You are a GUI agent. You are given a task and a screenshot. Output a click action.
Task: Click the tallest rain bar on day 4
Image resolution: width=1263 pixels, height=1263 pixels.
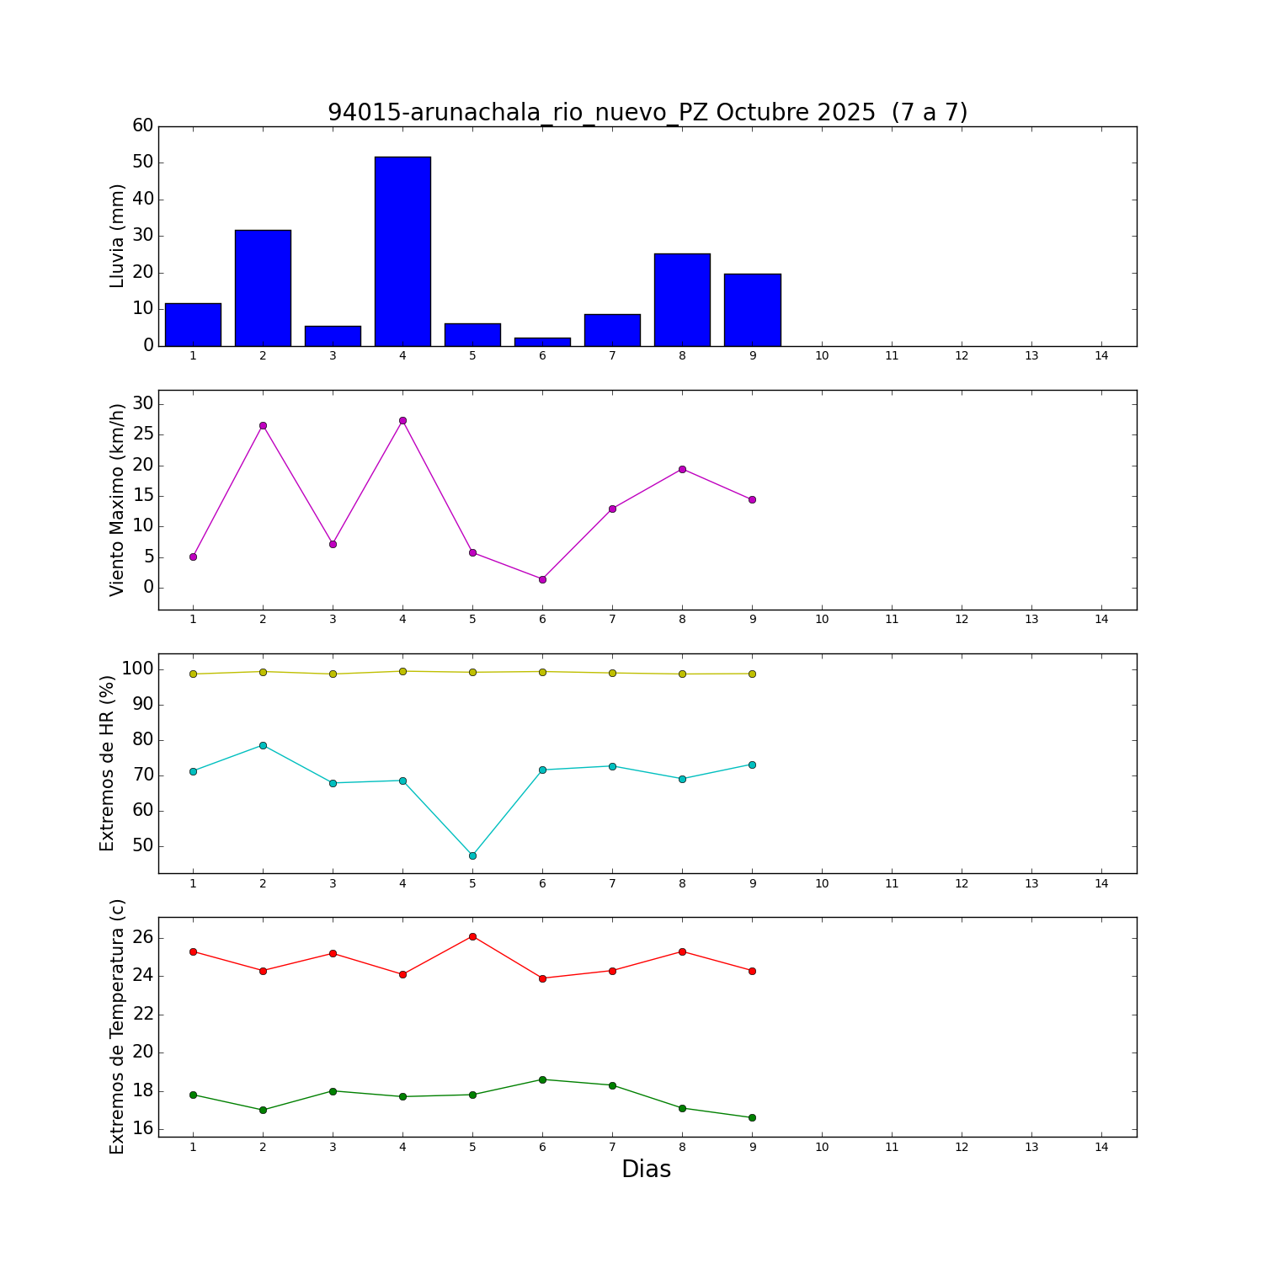(402, 251)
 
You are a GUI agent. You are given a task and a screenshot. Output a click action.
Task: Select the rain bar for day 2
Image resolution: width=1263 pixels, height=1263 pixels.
(263, 287)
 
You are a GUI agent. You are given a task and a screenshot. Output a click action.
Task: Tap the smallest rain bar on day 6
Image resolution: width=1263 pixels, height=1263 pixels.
(542, 341)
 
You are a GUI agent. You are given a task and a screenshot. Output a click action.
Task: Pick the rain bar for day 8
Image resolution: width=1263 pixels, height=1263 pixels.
(682, 299)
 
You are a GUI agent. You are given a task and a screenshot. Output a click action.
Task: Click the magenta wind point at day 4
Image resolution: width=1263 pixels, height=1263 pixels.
(402, 420)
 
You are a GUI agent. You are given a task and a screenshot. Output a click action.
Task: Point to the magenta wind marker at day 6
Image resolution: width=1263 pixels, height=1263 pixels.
(542, 579)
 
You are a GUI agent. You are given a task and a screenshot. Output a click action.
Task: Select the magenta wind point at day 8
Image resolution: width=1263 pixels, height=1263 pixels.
(682, 469)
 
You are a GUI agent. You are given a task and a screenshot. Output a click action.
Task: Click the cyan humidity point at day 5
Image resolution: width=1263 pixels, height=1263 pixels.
(472, 855)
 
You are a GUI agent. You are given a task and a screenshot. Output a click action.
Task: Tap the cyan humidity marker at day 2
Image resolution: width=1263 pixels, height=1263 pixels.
(263, 745)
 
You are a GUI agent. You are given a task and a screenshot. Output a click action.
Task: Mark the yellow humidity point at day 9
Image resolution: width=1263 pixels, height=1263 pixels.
(752, 674)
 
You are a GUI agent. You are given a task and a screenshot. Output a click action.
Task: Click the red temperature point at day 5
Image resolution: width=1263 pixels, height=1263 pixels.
(472, 936)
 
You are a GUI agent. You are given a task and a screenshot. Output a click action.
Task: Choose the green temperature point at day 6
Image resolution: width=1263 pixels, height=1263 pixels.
(542, 1079)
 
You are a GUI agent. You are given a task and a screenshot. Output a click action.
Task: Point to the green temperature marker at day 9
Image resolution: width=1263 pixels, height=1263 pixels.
(752, 1117)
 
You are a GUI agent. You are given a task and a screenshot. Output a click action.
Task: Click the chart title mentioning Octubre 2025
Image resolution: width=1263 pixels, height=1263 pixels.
(647, 112)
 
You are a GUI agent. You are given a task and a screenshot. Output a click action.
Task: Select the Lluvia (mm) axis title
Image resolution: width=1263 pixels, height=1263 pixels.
(117, 236)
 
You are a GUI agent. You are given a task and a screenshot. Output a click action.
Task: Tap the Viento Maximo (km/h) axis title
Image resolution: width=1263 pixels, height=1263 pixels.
(117, 499)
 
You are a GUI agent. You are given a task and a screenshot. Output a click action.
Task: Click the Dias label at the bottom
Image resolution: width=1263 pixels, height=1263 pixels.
(646, 1170)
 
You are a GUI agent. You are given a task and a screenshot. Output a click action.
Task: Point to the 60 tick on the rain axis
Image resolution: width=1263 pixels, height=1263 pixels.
(143, 125)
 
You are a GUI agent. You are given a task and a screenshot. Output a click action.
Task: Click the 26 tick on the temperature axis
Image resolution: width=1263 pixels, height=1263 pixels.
(143, 938)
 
